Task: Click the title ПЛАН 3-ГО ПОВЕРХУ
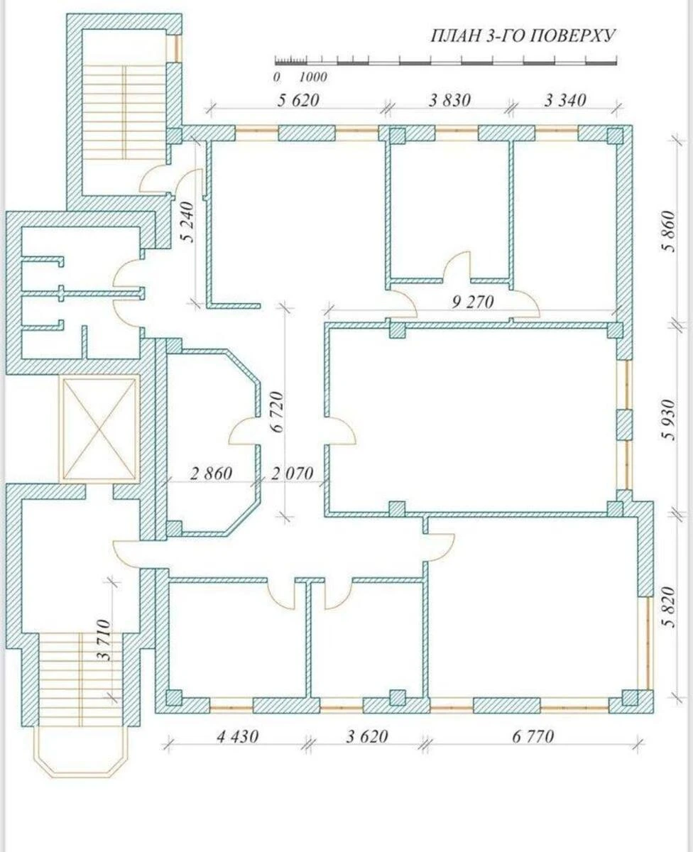(523, 36)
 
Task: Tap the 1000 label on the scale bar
(313, 77)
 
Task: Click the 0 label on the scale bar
(277, 77)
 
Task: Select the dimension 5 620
(298, 100)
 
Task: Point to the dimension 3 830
(450, 100)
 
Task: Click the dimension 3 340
(565, 100)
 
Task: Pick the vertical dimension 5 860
(668, 231)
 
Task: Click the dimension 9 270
(473, 302)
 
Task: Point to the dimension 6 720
(277, 412)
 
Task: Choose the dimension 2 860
(211, 474)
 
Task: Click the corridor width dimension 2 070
(293, 474)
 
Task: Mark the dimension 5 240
(187, 222)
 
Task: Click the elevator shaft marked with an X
(99, 428)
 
